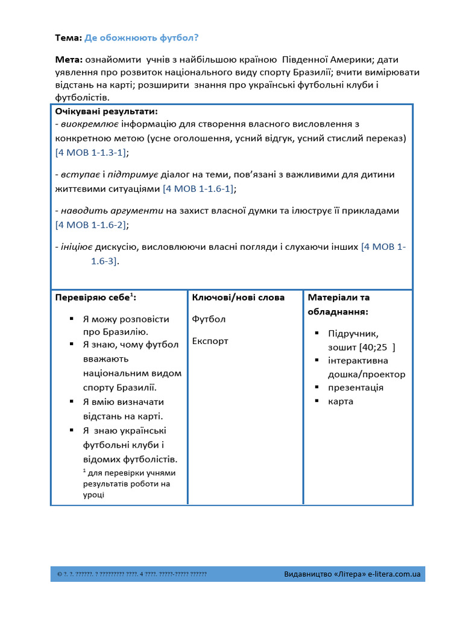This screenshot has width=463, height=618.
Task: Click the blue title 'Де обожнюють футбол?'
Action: (141, 38)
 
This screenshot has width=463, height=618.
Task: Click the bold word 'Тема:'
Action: (68, 38)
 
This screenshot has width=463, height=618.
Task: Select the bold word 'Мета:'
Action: (69, 60)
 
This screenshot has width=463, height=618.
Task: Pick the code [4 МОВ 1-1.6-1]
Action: (199, 189)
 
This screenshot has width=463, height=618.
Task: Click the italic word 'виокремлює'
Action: (90, 124)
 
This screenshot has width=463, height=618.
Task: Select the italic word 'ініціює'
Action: (75, 247)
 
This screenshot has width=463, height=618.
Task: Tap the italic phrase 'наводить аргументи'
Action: (112, 211)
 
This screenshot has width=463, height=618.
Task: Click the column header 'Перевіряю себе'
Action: (93, 298)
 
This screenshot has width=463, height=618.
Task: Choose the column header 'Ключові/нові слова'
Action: (238, 298)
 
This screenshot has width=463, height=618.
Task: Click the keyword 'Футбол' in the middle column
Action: (209, 319)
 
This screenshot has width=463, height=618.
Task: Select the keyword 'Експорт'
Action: (210, 341)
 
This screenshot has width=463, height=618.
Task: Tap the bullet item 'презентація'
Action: (356, 387)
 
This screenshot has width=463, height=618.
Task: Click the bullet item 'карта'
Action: (341, 401)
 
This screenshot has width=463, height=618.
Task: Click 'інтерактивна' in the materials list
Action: (359, 360)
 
